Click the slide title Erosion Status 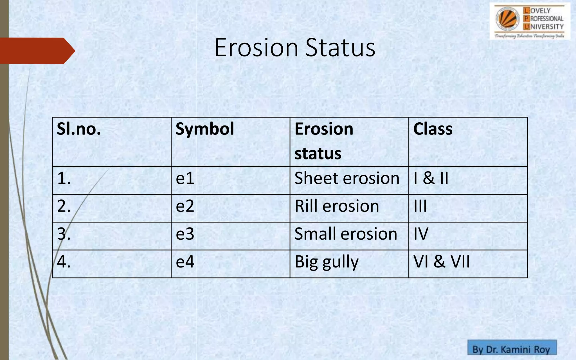tap(295, 48)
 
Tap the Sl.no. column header tap(79, 129)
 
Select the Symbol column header tap(205, 129)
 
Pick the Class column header tap(433, 129)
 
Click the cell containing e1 tap(185, 179)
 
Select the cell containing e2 tap(185, 206)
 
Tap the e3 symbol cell tap(185, 234)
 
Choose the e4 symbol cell tap(185, 262)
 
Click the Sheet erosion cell tap(347, 179)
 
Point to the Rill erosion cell tap(337, 206)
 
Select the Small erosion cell tap(346, 234)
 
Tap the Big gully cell tap(327, 262)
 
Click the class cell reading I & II tap(431, 179)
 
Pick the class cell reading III tap(420, 206)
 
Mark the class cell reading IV tap(421, 234)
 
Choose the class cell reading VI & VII tap(442, 262)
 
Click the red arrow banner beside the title tap(37, 51)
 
